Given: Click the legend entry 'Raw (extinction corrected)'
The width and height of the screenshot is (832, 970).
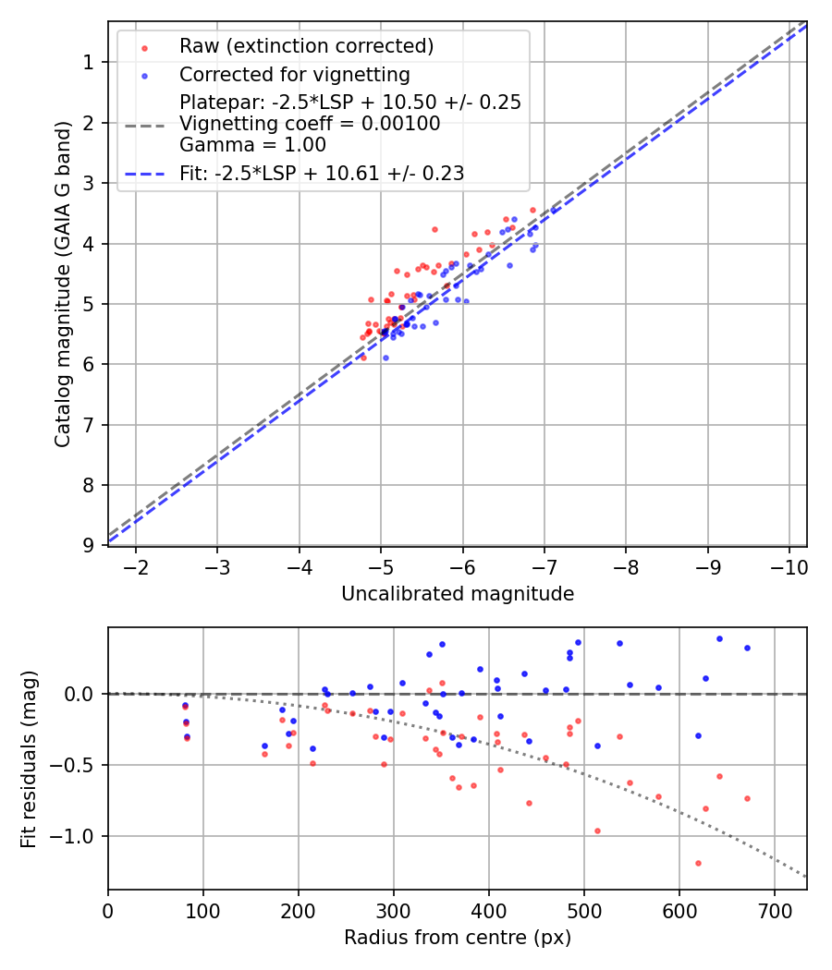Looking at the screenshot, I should pos(306,46).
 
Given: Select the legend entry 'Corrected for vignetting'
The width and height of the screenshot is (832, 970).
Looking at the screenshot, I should pos(294,74).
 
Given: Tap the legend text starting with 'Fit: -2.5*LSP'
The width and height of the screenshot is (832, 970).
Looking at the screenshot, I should pos(321,173).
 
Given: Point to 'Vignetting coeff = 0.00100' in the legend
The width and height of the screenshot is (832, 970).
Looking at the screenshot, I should pos(310,124).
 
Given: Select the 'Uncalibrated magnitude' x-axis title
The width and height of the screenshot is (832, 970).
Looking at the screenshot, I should pos(458,594).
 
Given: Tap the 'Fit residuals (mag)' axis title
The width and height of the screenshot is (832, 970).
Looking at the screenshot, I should pos(29,758).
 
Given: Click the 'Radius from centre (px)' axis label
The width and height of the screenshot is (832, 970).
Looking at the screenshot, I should pos(458,938).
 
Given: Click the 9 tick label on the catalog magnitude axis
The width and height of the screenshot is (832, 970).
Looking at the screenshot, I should pos(90,545).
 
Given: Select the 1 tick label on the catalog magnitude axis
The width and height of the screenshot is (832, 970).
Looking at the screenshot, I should pos(90,62).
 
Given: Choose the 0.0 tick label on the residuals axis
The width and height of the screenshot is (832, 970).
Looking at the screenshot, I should pos(84,694).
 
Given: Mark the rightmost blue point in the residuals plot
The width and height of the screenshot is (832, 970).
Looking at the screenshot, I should pos(747,648).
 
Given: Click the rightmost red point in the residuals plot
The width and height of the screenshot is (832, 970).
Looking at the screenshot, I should pos(747,798).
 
